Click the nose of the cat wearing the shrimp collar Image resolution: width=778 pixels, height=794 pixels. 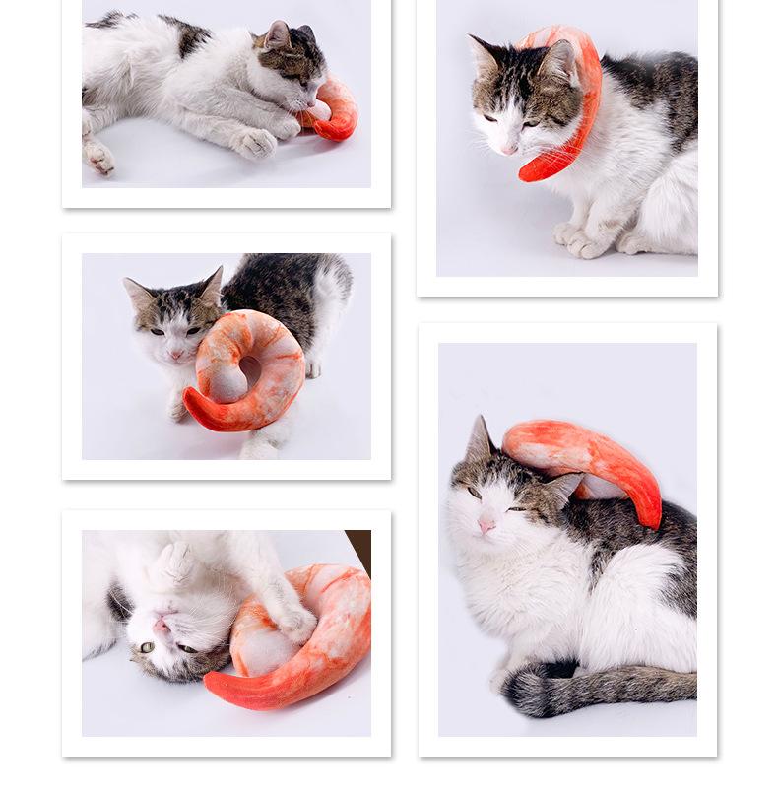tap(507, 150)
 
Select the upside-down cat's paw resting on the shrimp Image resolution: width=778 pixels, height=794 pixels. tap(295, 623)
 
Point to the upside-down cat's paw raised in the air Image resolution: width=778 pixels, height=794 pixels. tap(175, 566)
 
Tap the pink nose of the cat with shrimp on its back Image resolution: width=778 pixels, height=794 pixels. tap(486, 526)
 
